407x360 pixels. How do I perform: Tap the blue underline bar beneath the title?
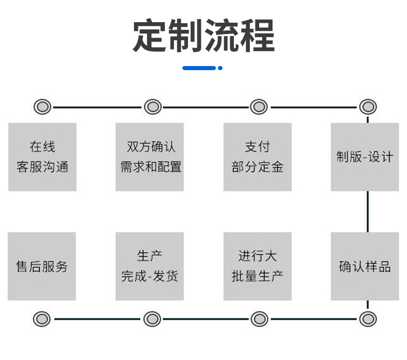point(199,68)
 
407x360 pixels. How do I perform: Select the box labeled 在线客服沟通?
point(42,157)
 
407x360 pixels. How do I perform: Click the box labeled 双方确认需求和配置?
point(149,157)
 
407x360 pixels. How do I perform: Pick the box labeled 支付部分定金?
point(257,157)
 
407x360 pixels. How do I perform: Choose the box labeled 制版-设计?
point(365,157)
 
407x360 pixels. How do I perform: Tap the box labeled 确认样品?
point(365,266)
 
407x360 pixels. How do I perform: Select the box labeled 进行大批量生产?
point(257,266)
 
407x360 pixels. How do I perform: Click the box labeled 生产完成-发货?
point(149,266)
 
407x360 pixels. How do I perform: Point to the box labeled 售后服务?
point(42,266)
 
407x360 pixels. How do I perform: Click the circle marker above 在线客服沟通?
point(42,107)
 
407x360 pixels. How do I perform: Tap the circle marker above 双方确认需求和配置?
point(152,107)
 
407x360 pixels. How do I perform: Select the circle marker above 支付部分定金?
point(259,107)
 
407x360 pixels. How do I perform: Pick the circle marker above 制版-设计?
point(367,107)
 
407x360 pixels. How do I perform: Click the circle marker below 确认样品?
point(367,319)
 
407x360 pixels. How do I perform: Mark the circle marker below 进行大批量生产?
point(259,319)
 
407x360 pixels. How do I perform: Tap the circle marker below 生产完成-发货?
point(152,319)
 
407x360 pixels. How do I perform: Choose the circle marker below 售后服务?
point(42,319)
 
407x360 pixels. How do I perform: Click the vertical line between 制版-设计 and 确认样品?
point(367,211)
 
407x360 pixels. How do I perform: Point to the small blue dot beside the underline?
point(220,68)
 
